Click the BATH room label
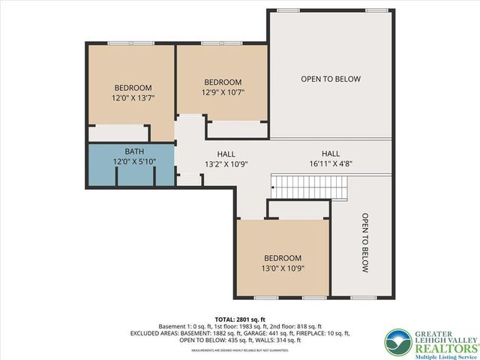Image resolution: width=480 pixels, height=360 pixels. pyautogui.click(x=134, y=151)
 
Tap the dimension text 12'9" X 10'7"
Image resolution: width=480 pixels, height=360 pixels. pyautogui.click(x=223, y=92)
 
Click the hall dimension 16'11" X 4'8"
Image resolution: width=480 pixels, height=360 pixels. pyautogui.click(x=331, y=163)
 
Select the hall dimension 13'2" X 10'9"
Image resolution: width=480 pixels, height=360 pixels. pyautogui.click(x=226, y=163)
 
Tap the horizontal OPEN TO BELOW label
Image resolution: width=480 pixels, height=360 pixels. pyautogui.click(x=331, y=79)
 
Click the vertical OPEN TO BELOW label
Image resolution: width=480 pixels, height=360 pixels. pyautogui.click(x=365, y=243)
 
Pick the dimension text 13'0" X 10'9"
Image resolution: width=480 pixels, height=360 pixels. pyautogui.click(x=283, y=268)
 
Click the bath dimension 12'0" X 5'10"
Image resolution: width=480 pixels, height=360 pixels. pyautogui.click(x=134, y=161)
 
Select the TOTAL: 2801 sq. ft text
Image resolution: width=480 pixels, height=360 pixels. pyautogui.click(x=240, y=319)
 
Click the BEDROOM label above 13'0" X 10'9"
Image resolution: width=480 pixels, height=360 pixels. pyautogui.click(x=283, y=257)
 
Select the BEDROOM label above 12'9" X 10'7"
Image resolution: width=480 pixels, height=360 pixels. pyautogui.click(x=223, y=82)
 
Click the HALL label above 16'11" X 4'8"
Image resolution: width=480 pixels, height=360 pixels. pyautogui.click(x=331, y=152)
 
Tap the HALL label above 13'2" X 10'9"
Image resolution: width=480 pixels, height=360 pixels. pyautogui.click(x=226, y=152)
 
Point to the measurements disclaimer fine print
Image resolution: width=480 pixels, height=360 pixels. pyautogui.click(x=240, y=349)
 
